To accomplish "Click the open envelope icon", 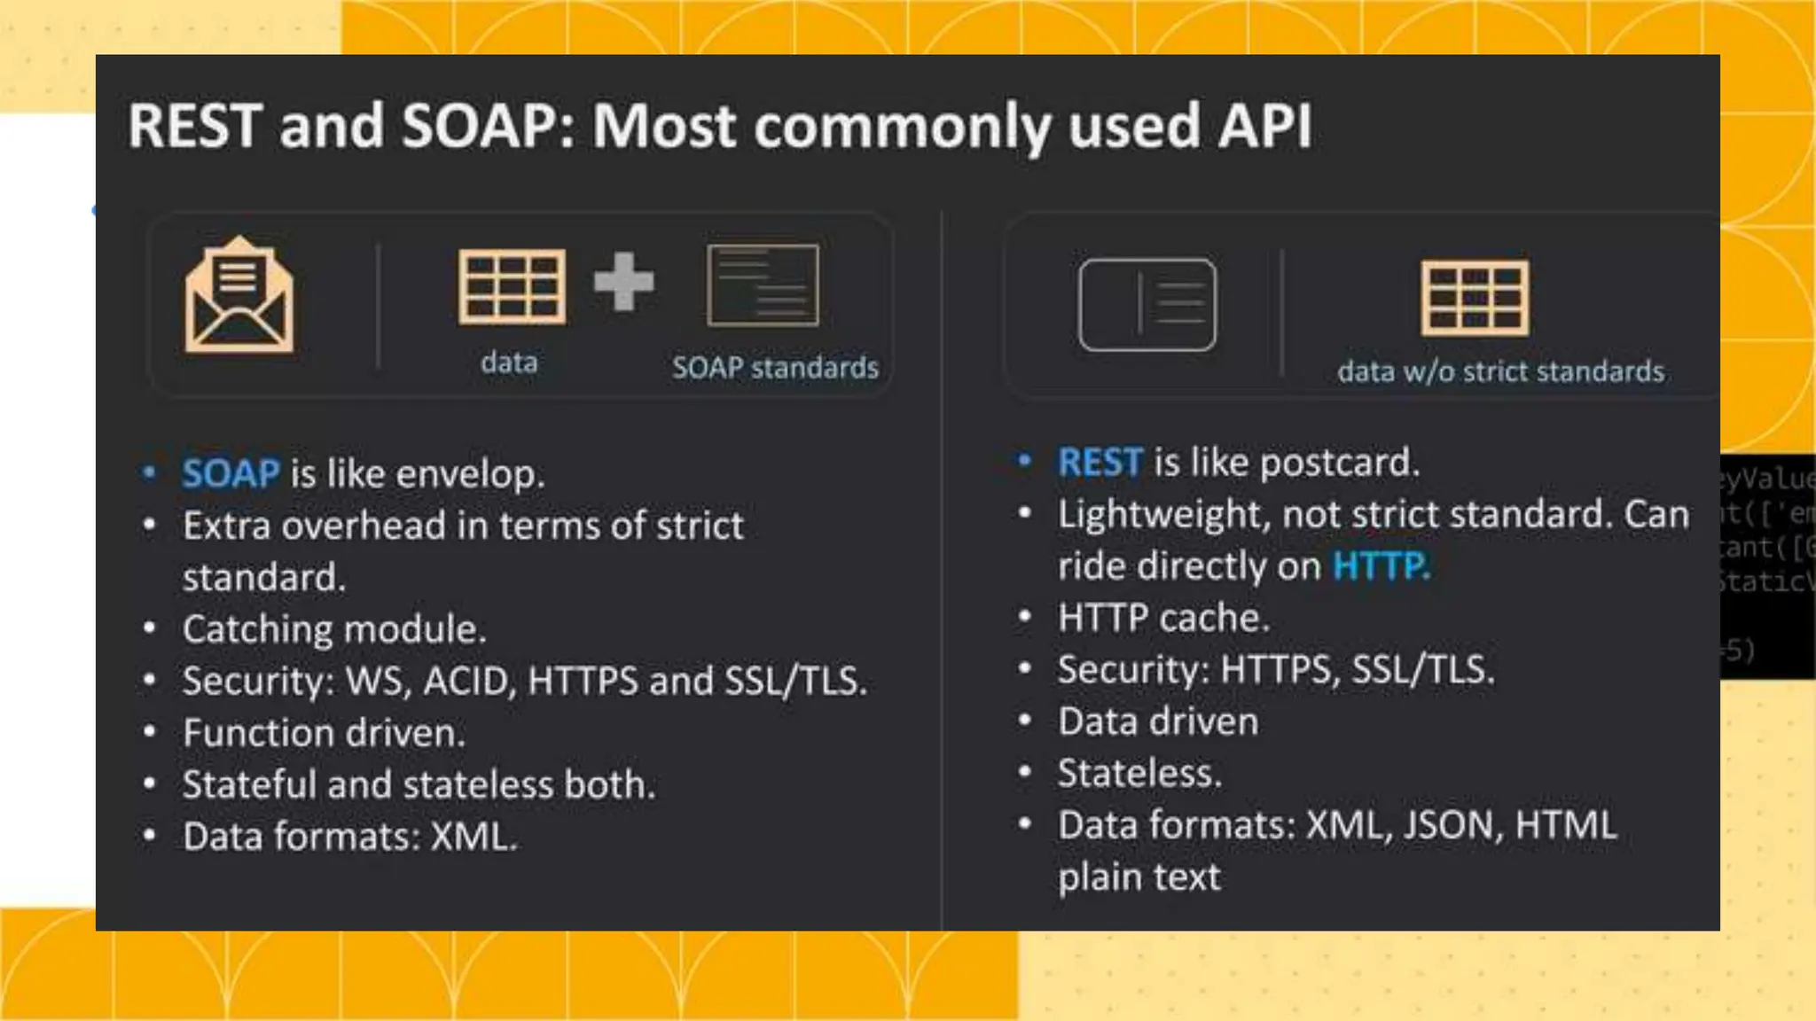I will click(239, 295).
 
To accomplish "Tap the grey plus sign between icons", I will click(623, 282).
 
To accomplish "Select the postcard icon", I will click(1147, 304).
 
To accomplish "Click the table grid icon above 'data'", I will click(511, 286).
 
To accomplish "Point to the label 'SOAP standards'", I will click(774, 367).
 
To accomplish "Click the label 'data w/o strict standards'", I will click(1500, 370).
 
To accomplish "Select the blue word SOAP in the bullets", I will click(231, 473).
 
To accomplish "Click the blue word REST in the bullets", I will click(1100, 462).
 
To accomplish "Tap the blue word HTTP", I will click(1381, 565).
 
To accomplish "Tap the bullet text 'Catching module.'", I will click(334, 629).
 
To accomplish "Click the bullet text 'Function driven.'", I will click(324, 733).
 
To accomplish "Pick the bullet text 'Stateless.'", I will click(1139, 773).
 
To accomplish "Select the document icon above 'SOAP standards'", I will click(763, 285).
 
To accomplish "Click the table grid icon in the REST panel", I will click(1475, 297).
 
